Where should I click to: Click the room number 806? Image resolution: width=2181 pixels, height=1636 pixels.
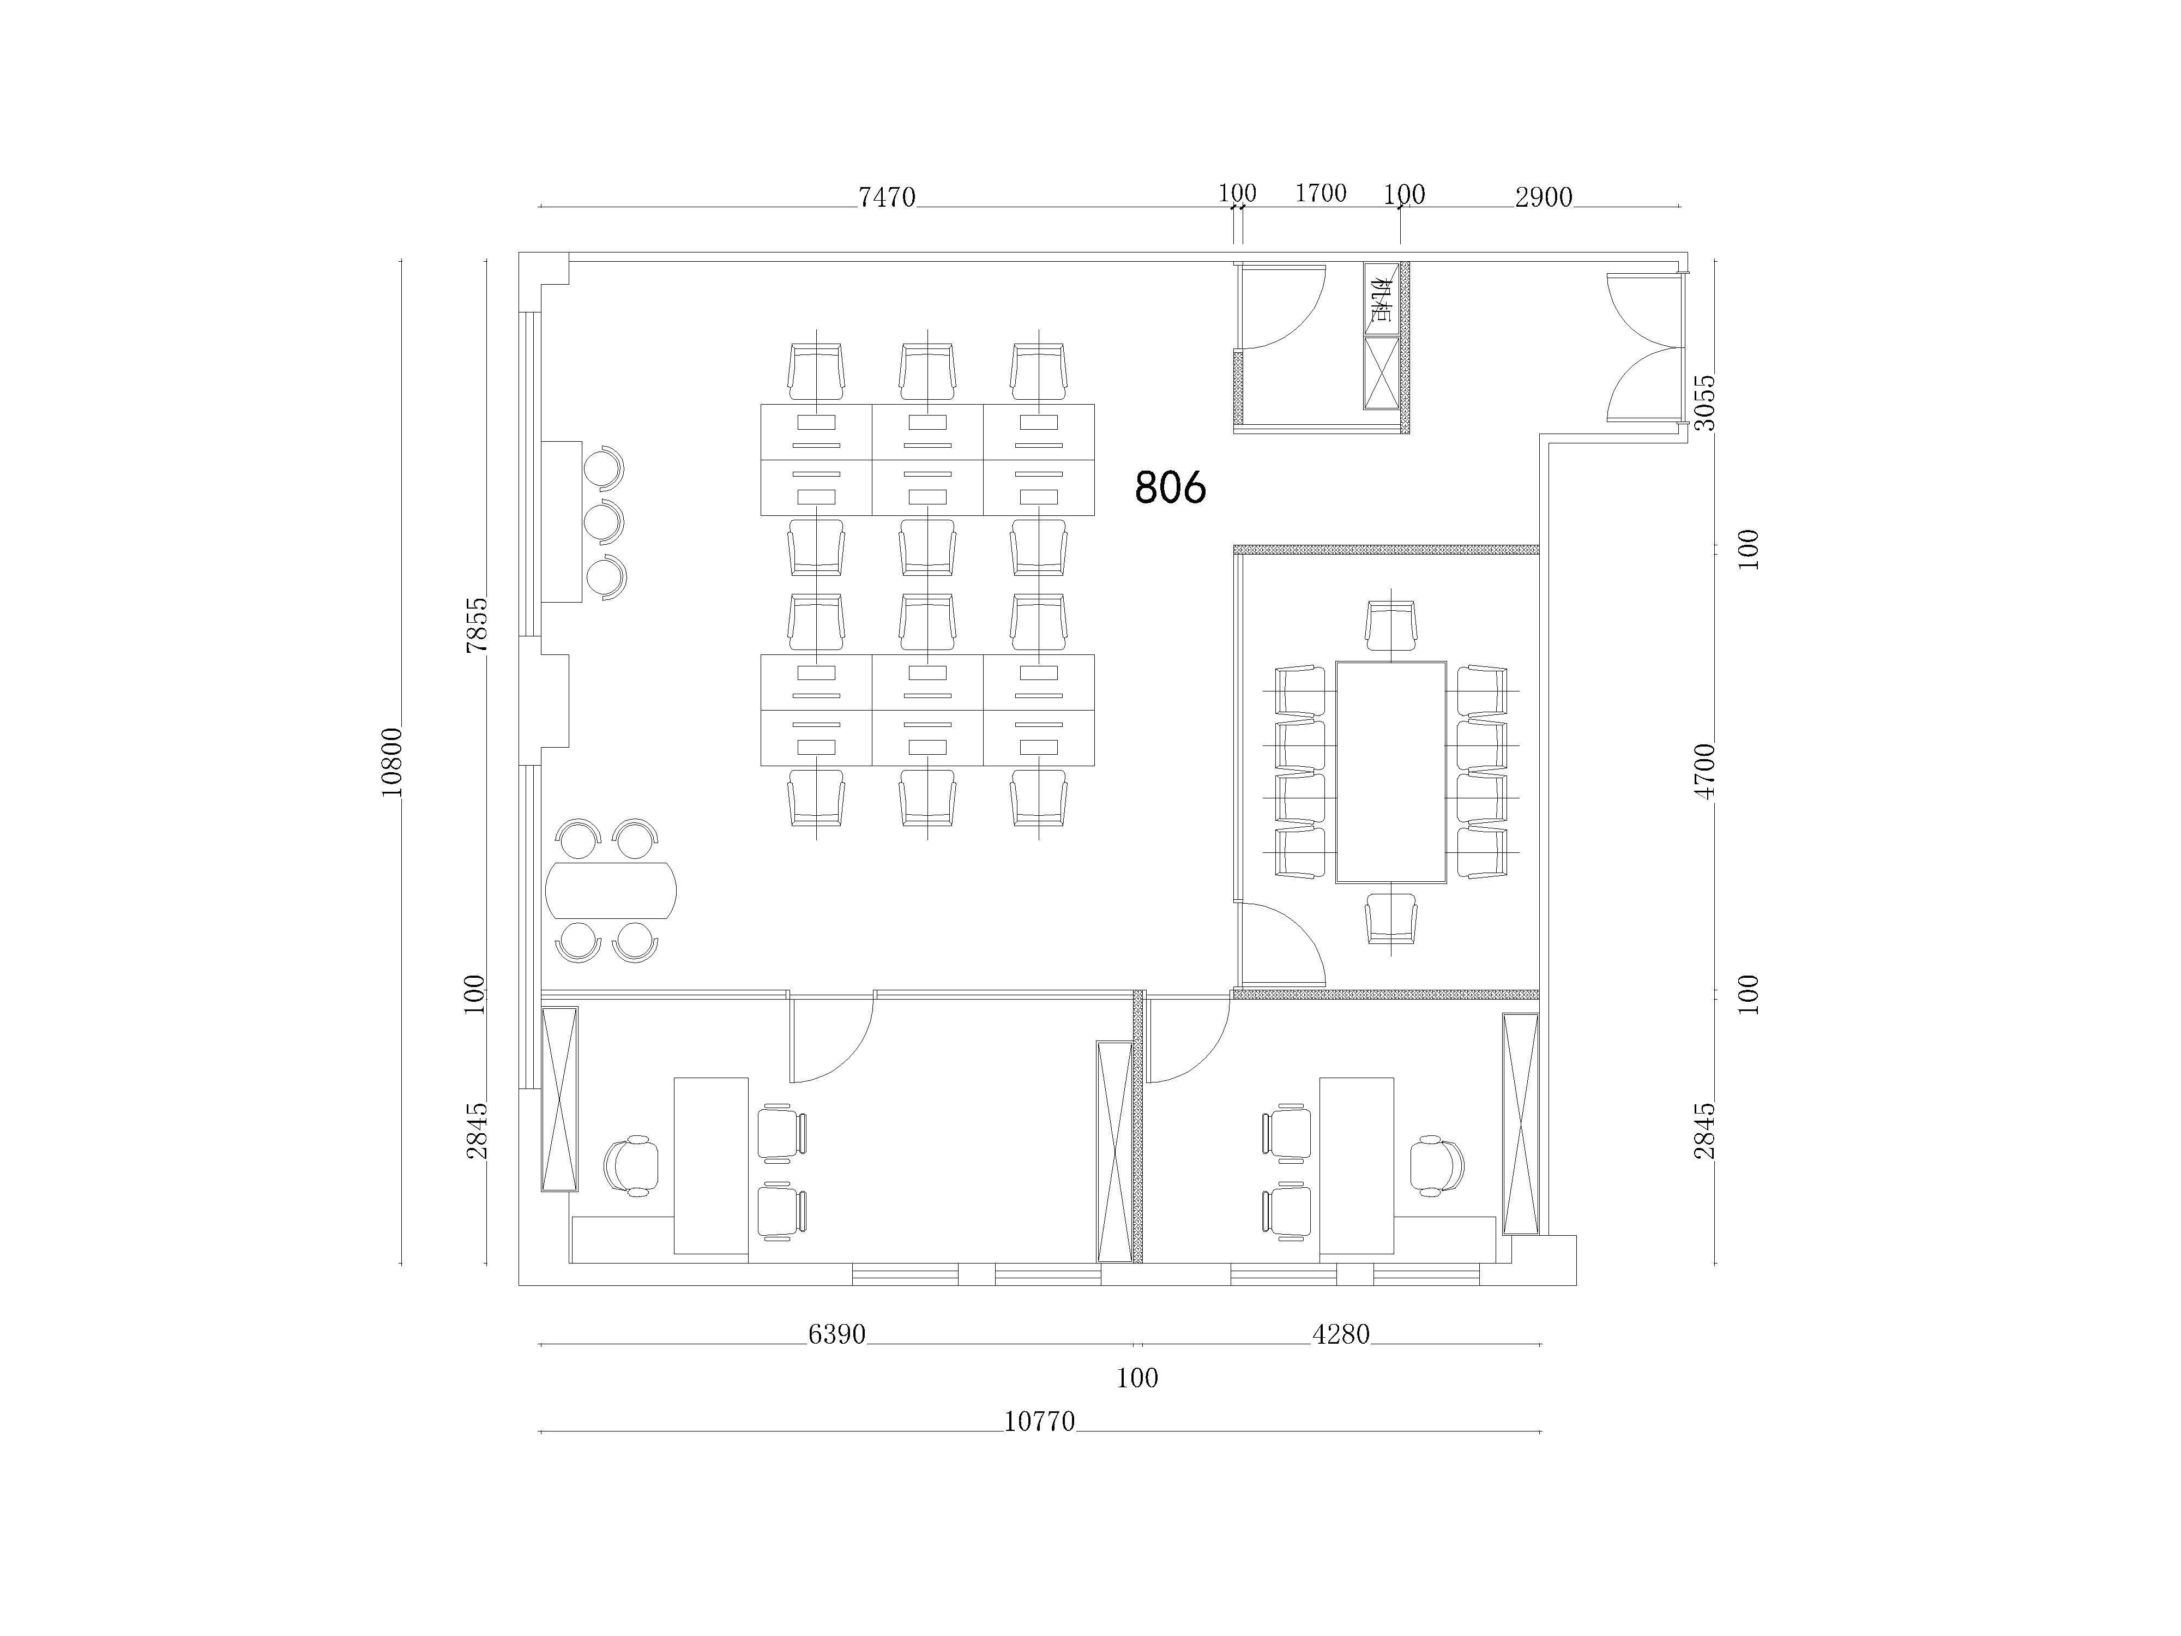coord(1170,487)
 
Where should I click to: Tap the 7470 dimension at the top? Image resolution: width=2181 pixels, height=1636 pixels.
coord(887,197)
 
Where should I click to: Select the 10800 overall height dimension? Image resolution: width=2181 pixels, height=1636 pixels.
coord(391,761)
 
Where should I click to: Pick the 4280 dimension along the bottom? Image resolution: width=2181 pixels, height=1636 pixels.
coord(1341,1334)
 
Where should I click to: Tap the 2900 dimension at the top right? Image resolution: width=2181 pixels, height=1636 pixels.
coord(1544,197)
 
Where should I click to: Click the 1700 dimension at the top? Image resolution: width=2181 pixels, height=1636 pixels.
coord(1320,193)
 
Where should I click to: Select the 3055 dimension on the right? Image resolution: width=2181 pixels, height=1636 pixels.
coord(1705,402)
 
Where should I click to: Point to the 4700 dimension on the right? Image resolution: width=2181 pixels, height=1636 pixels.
coord(1705,771)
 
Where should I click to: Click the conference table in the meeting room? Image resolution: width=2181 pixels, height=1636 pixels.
coord(1391,772)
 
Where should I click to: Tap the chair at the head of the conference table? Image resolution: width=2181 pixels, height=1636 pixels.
coord(1391,625)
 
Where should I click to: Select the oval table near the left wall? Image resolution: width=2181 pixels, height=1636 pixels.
coord(611,891)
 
